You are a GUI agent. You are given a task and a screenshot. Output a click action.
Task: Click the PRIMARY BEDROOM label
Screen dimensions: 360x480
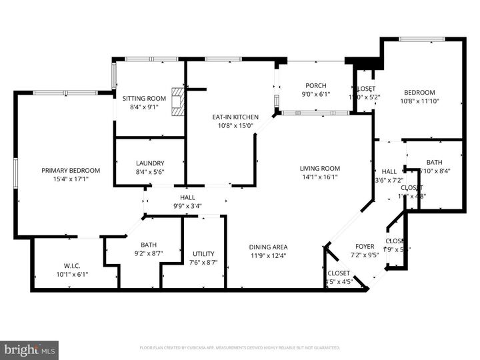point(71,170)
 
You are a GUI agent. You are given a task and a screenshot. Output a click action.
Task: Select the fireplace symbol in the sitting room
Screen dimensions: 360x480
point(177,101)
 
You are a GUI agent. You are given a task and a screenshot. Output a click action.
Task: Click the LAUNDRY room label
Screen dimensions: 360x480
point(150,163)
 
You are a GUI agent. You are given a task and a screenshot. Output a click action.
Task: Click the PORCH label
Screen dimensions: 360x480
point(315,85)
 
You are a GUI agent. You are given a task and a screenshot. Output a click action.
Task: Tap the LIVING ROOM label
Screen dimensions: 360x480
point(320,168)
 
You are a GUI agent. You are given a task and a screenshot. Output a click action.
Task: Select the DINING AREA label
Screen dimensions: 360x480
point(269,247)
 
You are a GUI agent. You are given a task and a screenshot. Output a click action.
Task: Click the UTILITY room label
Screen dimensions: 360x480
point(203,253)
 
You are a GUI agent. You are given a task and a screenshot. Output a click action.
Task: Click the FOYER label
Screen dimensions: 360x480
point(364,246)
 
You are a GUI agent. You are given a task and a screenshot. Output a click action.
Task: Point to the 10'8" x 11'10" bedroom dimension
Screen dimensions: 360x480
point(419,101)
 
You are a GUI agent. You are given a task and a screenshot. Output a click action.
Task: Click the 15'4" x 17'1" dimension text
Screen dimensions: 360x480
point(71,179)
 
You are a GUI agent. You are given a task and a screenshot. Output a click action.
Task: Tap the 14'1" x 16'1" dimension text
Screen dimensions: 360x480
point(320,177)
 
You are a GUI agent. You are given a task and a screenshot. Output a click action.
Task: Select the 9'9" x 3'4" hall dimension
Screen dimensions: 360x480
point(187,205)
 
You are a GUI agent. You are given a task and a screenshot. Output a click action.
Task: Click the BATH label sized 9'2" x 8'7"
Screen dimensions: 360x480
point(148,245)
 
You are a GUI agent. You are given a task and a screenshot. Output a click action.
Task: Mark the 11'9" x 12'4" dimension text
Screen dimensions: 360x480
point(269,255)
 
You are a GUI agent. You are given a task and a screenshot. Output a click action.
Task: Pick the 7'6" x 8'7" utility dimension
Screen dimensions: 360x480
point(203,262)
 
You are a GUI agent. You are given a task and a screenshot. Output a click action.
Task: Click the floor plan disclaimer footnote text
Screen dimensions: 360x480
point(240,347)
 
